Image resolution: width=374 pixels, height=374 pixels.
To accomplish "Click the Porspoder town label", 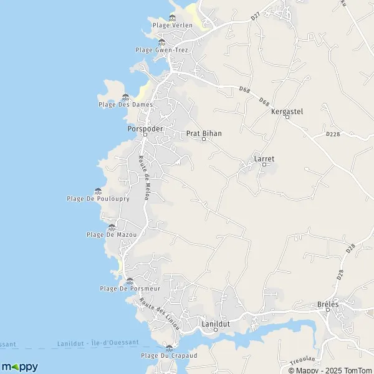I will (x=145, y=128).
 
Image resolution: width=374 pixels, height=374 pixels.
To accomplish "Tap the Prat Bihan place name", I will (x=204, y=133).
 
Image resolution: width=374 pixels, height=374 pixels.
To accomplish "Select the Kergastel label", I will (x=287, y=112).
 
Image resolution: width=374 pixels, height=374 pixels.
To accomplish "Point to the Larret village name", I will (x=264, y=159).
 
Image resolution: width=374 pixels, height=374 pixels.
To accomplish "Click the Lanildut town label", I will (x=216, y=324).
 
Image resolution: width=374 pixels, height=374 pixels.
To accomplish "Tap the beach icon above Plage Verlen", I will (x=172, y=17).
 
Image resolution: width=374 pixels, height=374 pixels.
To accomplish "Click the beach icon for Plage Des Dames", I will (x=125, y=97).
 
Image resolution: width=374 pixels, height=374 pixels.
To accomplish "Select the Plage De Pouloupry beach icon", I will (x=98, y=191).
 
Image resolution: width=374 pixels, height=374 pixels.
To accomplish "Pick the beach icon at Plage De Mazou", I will (x=112, y=227).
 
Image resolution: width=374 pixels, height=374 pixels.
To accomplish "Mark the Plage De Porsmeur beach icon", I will (x=130, y=280).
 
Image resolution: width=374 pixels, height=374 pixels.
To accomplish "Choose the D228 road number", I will (x=333, y=133).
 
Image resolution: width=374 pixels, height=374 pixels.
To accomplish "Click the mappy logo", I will (x=19, y=367).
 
